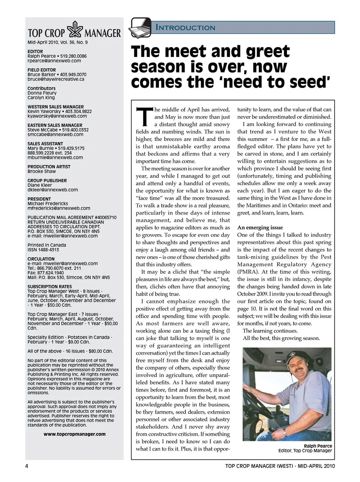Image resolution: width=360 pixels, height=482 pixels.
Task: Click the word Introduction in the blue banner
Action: tap(185, 27)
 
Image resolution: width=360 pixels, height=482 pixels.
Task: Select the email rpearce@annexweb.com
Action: tap(54, 61)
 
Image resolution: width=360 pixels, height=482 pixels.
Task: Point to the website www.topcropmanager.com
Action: tap(75, 434)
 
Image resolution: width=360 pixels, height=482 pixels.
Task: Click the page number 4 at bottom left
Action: tap(27, 466)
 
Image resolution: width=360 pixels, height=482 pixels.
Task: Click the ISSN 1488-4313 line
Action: tap(43, 250)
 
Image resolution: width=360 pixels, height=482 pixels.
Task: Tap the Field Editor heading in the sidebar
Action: tap(42, 70)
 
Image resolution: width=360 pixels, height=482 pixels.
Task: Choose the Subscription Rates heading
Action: tap(49, 287)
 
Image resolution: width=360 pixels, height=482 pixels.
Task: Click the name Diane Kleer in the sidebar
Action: tap(39, 185)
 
